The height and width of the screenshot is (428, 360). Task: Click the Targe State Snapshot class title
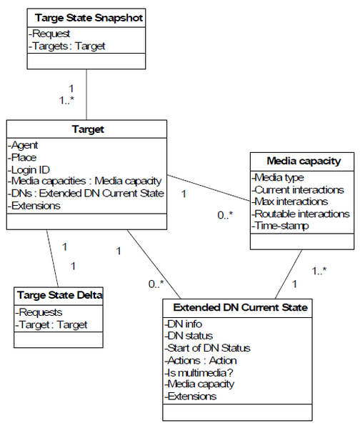coord(89,18)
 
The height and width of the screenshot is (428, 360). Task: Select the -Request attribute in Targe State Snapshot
coord(49,34)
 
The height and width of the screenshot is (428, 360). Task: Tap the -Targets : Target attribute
coord(67,46)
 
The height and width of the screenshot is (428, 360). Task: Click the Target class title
coord(88,129)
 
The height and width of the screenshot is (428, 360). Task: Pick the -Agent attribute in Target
coord(23,145)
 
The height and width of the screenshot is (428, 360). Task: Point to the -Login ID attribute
coord(29,170)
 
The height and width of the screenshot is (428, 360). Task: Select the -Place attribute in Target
coord(22,157)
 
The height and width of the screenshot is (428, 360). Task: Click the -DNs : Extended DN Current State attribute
coord(86,193)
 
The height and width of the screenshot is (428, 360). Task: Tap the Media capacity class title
coord(304,161)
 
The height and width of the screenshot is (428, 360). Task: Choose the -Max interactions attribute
coord(290,201)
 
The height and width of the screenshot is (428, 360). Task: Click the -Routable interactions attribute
coord(301,214)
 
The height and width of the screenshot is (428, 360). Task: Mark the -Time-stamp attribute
coord(280,226)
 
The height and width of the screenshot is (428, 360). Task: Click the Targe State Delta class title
coord(60,295)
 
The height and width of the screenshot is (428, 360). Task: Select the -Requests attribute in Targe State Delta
coord(39,312)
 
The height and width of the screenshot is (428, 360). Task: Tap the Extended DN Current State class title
coord(241,307)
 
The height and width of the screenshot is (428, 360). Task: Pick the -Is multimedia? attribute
coord(199,372)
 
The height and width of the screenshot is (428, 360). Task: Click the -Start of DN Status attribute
coord(207,348)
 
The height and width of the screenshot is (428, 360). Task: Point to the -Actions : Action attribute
coord(201,361)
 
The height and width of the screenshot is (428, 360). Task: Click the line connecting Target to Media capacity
coord(209,188)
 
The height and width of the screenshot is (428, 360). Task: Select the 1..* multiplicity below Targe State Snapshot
coord(66,101)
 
